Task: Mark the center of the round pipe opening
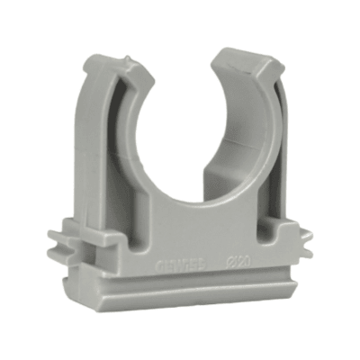click(x=185, y=135)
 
